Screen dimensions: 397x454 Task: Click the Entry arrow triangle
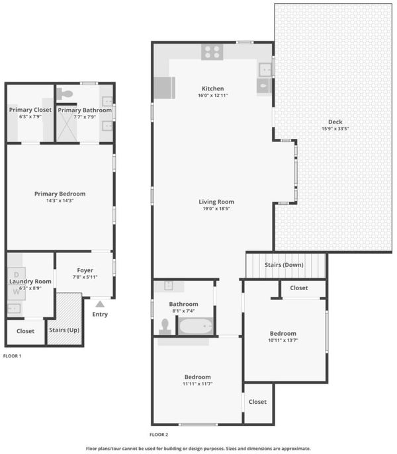[100, 304]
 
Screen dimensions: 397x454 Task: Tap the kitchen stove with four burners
[212, 52]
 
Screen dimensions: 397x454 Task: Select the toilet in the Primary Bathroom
[64, 94]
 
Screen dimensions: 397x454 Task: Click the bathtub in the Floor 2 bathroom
[196, 326]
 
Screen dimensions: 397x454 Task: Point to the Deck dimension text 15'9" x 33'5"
[335, 129]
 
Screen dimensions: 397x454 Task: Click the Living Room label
[216, 202]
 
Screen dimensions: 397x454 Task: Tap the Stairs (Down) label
[284, 265]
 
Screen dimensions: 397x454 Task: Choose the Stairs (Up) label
[64, 330]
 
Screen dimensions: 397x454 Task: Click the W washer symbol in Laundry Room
[17, 291]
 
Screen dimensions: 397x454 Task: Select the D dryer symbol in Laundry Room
[17, 274]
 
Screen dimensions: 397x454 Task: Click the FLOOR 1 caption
[12, 356]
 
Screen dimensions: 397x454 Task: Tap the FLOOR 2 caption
[159, 435]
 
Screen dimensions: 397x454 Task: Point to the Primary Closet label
[30, 110]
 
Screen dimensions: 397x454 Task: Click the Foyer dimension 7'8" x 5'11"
[85, 277]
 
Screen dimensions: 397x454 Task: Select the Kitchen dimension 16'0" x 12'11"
[213, 95]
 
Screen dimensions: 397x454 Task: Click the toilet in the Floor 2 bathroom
[165, 327]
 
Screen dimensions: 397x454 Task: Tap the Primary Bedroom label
[60, 194]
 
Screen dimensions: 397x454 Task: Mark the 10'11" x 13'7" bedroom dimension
[283, 340]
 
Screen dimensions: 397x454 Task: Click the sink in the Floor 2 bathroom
[169, 285]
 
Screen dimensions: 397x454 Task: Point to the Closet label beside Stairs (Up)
[26, 331]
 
